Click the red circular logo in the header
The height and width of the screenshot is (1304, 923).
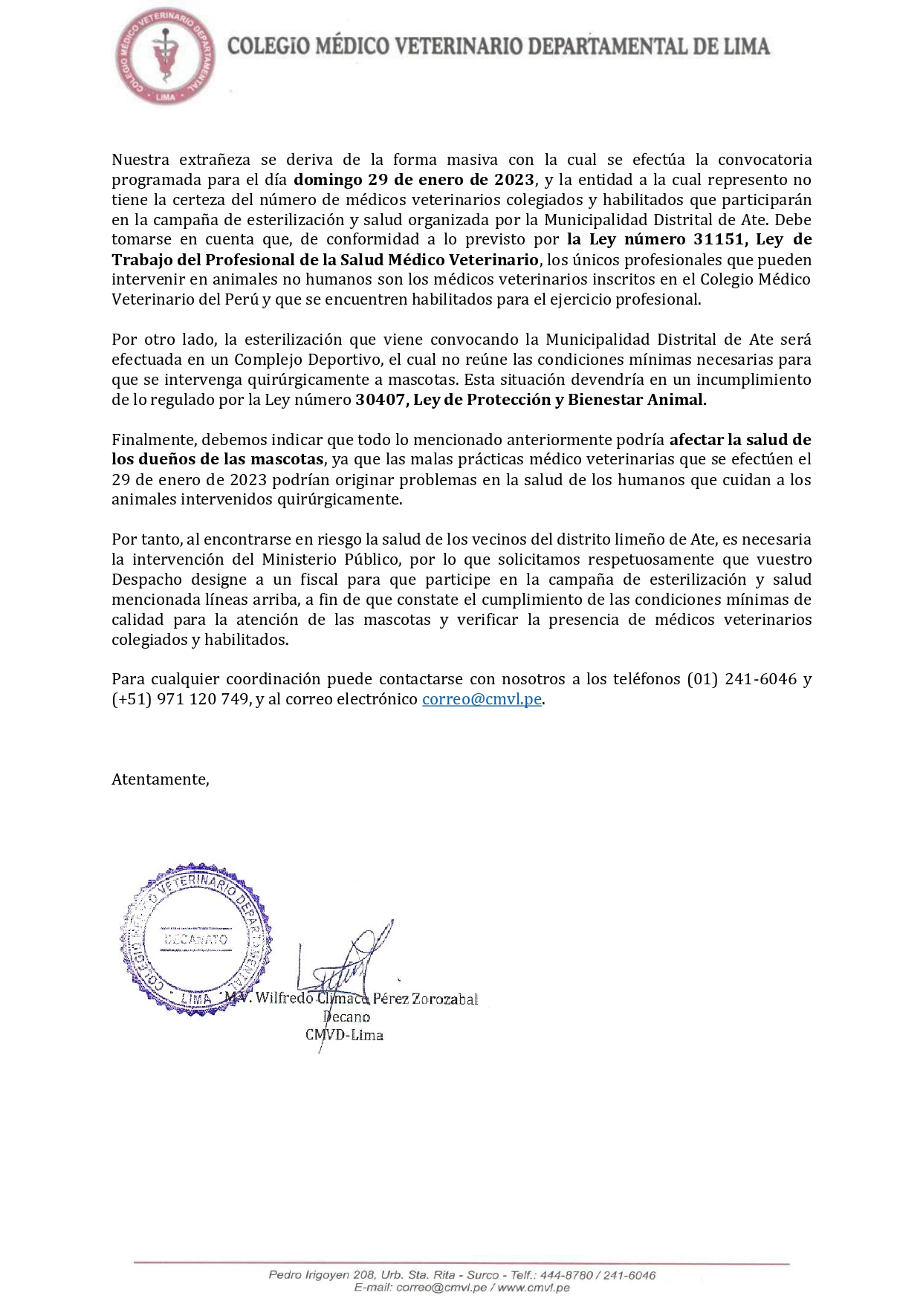click(x=165, y=57)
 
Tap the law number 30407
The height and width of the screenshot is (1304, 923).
click(x=380, y=400)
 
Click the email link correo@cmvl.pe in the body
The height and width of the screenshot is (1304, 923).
click(x=482, y=699)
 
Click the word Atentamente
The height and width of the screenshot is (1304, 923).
click(x=160, y=779)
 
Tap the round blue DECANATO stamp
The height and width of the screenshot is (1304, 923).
click(x=195, y=938)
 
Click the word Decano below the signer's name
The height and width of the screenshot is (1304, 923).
click(x=346, y=1017)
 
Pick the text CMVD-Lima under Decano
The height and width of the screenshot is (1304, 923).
click(x=344, y=1035)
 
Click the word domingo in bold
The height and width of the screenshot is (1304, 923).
click(x=328, y=180)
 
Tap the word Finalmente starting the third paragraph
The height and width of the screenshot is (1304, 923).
click(x=154, y=440)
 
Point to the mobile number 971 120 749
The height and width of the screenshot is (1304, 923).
click(x=202, y=699)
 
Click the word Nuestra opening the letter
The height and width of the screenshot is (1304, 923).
click(x=140, y=160)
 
